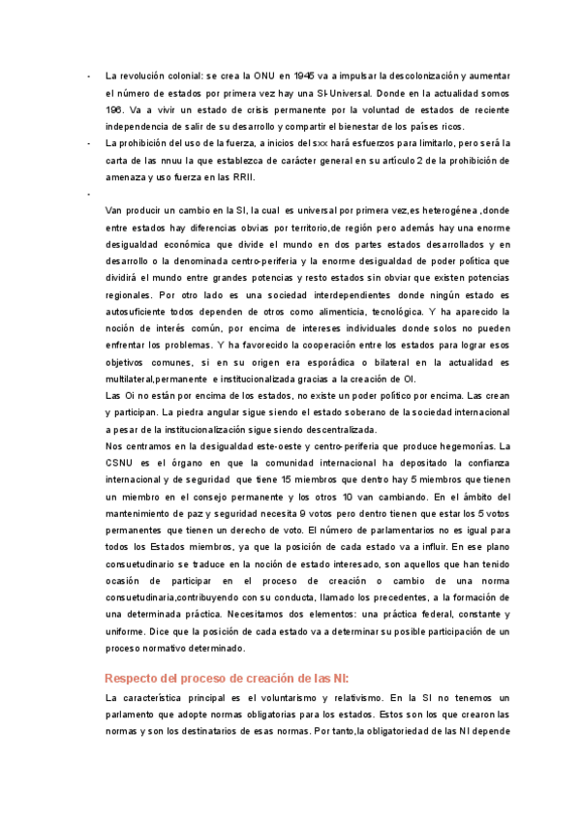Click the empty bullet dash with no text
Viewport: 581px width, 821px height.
pos(89,196)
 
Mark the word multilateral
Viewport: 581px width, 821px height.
pos(138,379)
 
